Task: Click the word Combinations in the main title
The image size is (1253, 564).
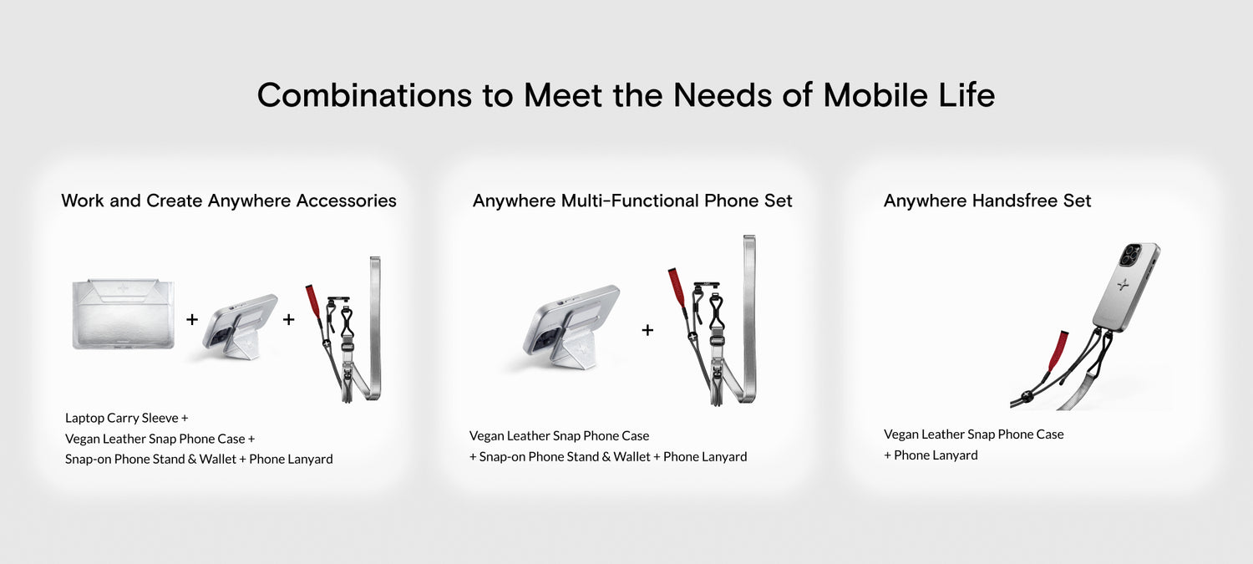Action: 365,94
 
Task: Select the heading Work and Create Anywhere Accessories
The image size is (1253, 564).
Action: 229,201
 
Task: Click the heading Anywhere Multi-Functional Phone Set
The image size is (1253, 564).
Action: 632,201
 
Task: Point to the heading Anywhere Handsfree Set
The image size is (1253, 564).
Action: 987,201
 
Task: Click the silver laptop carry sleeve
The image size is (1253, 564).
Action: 123,314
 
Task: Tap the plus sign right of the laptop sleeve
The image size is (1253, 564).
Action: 192,319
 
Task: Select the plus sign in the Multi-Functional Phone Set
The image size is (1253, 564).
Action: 647,329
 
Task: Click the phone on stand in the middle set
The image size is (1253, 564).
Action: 571,328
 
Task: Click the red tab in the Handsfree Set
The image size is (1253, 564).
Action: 1058,350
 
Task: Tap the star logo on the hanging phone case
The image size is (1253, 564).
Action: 1122,286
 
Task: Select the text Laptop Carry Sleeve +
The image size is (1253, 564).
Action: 126,418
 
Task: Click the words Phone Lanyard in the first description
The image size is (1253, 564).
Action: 291,459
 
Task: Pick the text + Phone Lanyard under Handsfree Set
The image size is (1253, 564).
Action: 931,455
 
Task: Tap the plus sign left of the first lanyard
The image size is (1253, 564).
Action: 289,319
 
